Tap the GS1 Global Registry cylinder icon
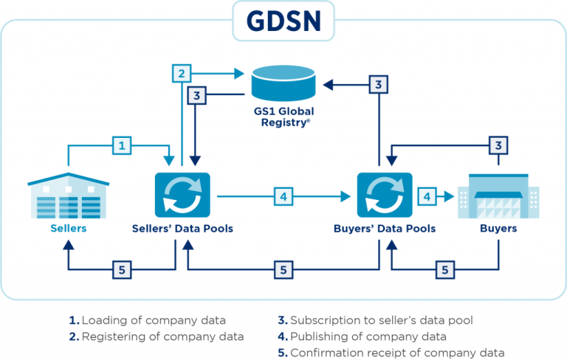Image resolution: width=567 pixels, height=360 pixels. click(x=283, y=83)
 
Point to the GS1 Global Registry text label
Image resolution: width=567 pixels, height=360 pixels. click(x=283, y=117)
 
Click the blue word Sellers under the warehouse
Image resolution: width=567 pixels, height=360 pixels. click(x=69, y=229)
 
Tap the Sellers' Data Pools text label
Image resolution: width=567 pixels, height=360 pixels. click(x=182, y=229)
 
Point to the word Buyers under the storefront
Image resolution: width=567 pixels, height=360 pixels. click(x=498, y=229)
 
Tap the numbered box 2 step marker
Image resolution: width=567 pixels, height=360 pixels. click(x=182, y=73)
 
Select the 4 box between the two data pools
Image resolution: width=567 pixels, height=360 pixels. click(x=283, y=196)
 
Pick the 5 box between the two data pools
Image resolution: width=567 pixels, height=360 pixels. click(x=283, y=270)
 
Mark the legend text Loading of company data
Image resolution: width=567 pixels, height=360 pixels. click(x=148, y=321)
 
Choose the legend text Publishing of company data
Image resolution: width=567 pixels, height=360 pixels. click(x=368, y=337)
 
